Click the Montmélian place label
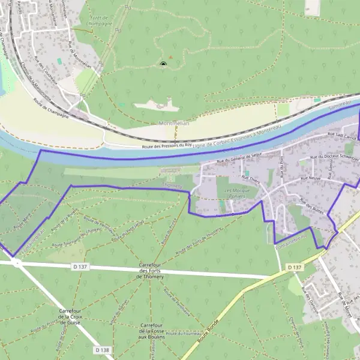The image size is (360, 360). tap(157, 122)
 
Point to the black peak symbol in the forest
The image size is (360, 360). tap(163, 64)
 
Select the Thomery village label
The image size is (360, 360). tap(172, 185)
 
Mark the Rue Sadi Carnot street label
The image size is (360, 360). tap(341, 136)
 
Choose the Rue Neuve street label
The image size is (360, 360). tap(312, 178)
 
